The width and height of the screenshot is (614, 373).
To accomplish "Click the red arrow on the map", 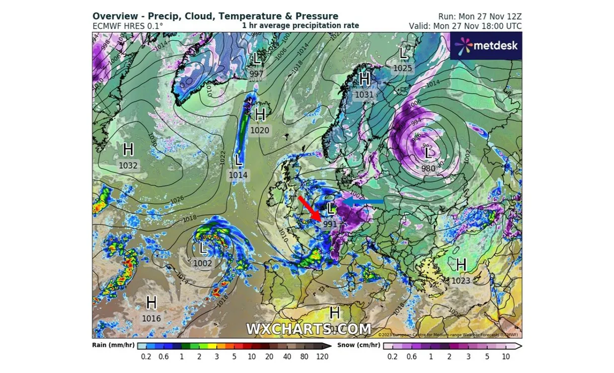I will click(309, 207).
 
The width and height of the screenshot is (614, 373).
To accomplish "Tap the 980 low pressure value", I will click(428, 168).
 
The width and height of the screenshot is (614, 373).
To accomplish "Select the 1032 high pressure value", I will click(128, 165).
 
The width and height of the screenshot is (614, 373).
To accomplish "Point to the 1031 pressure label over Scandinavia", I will click(364, 94).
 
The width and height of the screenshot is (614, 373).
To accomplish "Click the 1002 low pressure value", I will click(203, 263).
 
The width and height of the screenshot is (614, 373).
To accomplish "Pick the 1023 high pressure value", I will click(461, 280).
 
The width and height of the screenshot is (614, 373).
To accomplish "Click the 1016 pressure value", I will click(151, 318).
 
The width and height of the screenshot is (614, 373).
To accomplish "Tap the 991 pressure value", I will click(330, 224).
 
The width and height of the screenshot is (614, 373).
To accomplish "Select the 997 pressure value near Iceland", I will click(257, 74).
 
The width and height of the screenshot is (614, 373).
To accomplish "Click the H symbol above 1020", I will click(260, 115).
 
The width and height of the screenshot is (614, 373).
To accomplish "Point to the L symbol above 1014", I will click(238, 160).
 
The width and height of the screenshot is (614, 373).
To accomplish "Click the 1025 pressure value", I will click(403, 68).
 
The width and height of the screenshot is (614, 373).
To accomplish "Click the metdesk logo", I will click(486, 46).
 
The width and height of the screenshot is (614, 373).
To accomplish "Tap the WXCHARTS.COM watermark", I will click(309, 329).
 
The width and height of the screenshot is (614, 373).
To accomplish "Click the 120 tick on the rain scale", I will click(322, 357).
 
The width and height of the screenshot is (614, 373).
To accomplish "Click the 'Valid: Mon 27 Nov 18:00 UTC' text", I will click(465, 26).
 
